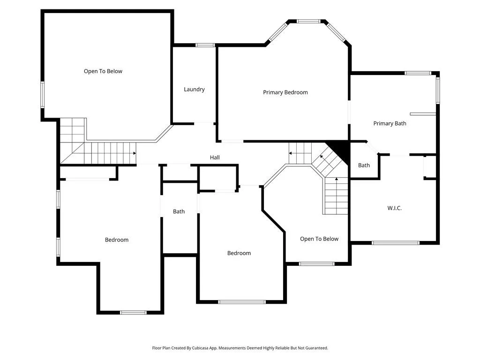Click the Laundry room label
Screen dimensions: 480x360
tap(194, 90)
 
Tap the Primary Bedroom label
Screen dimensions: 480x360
tap(285, 92)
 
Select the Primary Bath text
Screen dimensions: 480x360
tap(390, 123)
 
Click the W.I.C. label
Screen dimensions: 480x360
tap(394, 208)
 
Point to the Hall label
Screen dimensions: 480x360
tap(215, 157)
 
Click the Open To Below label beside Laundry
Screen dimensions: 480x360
tap(103, 71)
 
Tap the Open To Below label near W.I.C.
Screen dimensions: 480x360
tap(319, 239)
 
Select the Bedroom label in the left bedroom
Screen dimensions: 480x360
tap(117, 240)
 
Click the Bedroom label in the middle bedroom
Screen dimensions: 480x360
tap(239, 253)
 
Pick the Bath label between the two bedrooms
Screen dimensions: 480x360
tap(179, 211)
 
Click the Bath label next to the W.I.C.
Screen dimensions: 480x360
tap(364, 165)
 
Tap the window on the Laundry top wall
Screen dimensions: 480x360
tap(205, 45)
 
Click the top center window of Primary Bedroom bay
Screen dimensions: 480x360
tap(308, 22)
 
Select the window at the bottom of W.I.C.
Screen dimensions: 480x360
tap(396, 243)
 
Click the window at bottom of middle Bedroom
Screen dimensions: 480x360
tap(242, 302)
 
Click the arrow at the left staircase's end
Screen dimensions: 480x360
tap(135, 153)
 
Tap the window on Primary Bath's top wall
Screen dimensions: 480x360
tap(418, 73)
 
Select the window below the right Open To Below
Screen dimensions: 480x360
tap(316, 264)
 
